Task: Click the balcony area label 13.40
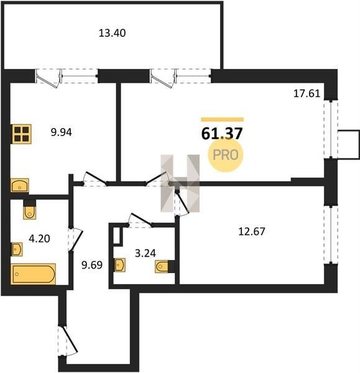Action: click(112, 33)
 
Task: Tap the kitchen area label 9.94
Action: click(61, 132)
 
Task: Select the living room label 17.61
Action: click(307, 93)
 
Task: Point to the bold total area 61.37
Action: click(222, 134)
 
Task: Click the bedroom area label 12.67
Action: click(251, 231)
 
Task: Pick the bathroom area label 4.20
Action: click(39, 238)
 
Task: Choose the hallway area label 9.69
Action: click(92, 265)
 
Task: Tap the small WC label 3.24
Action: click(145, 254)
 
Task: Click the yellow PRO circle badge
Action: click(225, 155)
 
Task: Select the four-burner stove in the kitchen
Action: click(22, 134)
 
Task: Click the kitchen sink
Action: click(20, 185)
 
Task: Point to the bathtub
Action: click(33, 274)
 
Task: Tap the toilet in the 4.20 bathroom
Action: click(30, 210)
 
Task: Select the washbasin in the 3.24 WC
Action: click(119, 265)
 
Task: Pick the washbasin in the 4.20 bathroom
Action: click(17, 249)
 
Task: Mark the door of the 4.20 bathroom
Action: click(76, 240)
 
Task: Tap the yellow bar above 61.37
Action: click(222, 119)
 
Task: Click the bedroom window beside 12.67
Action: click(331, 234)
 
